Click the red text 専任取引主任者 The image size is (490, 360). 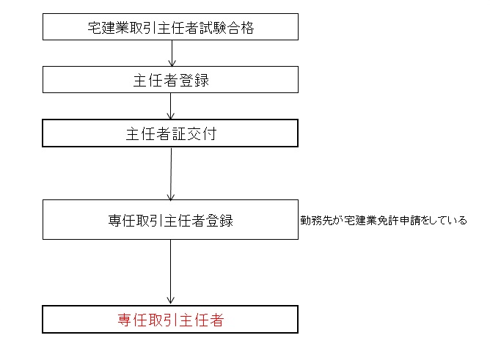[x=171, y=320]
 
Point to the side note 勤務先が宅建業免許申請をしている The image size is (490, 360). [x=384, y=220]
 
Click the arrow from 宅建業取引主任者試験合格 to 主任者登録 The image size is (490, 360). [x=172, y=53]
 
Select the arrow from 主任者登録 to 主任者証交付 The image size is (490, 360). [x=170, y=106]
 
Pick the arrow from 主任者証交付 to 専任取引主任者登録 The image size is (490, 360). [x=171, y=174]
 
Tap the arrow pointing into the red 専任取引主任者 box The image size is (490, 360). [x=170, y=272]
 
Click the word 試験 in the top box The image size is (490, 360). [x=213, y=28]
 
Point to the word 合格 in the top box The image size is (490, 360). [x=241, y=28]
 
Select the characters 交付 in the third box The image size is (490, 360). [x=202, y=134]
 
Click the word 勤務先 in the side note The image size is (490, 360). [x=316, y=220]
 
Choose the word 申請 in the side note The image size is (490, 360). [x=409, y=220]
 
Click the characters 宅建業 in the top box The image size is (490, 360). [x=108, y=28]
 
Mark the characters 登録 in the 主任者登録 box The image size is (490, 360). [x=194, y=81]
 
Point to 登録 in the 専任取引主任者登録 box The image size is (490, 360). [x=219, y=221]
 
